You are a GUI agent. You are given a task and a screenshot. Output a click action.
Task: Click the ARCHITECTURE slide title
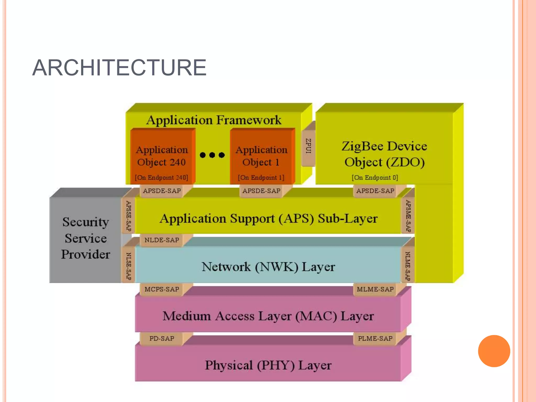tap(119, 68)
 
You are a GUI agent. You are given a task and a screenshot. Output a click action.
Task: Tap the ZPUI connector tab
tap(308, 146)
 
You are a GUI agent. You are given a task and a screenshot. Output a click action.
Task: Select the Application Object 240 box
tap(162, 156)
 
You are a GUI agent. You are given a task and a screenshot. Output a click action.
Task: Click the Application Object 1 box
tap(261, 156)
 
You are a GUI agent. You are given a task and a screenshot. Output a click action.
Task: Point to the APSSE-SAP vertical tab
tap(128, 216)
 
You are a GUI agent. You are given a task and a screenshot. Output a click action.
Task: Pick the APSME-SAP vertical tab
tap(408, 216)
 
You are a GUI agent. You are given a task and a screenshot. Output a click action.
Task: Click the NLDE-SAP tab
tap(162, 240)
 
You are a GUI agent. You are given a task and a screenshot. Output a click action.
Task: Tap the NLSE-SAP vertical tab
tap(128, 266)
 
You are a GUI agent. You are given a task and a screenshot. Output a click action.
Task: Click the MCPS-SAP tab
tap(162, 289)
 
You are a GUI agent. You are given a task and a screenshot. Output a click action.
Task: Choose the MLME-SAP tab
tap(375, 289)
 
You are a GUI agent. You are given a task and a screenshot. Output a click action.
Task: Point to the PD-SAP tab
tap(162, 338)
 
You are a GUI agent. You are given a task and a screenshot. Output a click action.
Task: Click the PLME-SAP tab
tap(375, 338)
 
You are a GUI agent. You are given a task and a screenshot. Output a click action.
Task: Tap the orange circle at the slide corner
tap(494, 351)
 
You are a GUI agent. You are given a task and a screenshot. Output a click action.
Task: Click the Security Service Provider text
tap(86, 238)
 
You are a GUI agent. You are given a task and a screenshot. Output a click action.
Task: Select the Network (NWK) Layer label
tap(268, 267)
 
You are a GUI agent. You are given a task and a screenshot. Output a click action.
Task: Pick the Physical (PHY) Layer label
tap(268, 365)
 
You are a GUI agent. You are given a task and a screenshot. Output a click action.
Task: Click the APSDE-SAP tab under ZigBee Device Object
tap(375, 191)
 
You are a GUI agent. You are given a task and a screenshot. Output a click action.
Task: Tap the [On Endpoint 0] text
tap(375, 177)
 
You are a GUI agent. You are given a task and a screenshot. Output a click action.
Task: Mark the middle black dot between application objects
tap(212, 155)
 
